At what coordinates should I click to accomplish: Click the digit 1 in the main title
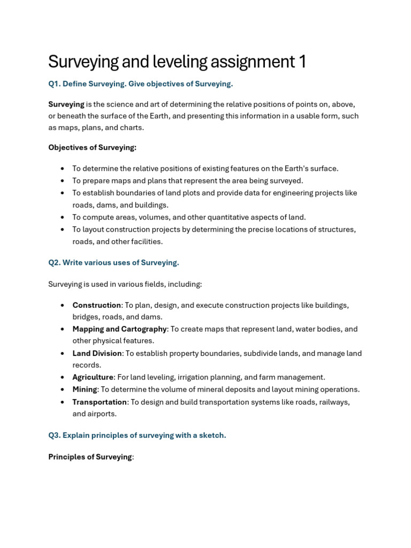click(302, 62)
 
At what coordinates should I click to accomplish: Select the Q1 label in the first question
click(54, 84)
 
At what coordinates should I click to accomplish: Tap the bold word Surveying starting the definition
click(66, 104)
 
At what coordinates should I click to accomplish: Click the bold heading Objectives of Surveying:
click(92, 148)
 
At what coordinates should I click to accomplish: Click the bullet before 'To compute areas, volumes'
click(63, 217)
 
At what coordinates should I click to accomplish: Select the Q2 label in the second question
click(54, 263)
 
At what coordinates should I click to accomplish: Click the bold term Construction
click(97, 305)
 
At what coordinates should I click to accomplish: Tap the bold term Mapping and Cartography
click(119, 329)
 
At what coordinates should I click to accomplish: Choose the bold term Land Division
click(97, 353)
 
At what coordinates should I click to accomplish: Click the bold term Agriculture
click(93, 377)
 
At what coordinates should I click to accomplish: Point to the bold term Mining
click(85, 390)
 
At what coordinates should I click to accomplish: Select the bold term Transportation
click(100, 402)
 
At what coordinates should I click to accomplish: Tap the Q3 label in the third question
click(54, 436)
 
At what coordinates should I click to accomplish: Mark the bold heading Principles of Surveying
click(90, 457)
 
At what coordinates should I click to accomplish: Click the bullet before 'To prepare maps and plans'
click(63, 181)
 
